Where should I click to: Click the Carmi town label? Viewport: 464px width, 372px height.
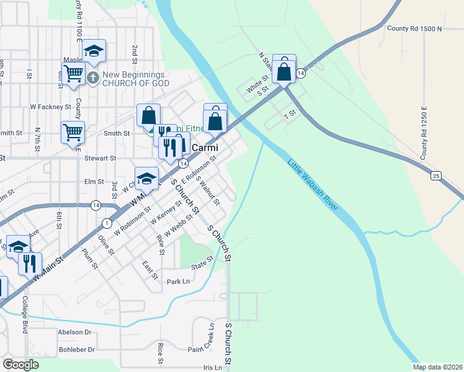coord(203,148)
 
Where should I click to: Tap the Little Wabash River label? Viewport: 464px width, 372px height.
coord(312,185)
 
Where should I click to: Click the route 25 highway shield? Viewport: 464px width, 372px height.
coord(437,176)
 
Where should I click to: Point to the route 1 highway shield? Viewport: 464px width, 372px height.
coord(107,223)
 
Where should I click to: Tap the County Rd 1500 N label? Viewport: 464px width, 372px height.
coord(413,29)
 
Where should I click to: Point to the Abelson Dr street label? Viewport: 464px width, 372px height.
coord(74,332)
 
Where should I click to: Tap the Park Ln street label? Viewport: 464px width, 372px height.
coord(177,281)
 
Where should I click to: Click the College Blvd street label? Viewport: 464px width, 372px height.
coord(25,316)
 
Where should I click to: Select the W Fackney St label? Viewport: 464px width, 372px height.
coord(51,107)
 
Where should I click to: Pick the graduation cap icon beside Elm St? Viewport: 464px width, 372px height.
coord(146,178)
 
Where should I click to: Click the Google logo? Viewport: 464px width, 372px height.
coord(21,365)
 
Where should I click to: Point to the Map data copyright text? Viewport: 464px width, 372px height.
coord(437,367)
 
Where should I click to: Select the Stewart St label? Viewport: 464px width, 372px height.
coord(100,159)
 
